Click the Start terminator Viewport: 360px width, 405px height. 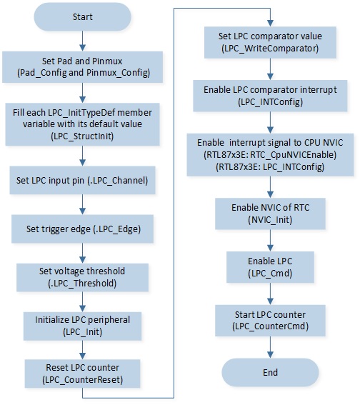[x=82, y=17]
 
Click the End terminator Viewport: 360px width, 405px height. [x=270, y=372]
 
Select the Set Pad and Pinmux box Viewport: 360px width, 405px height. [x=82, y=67]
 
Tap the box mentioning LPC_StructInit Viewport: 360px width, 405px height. [x=82, y=124]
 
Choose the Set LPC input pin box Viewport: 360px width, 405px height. [x=82, y=180]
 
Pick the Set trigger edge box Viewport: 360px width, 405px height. [x=82, y=229]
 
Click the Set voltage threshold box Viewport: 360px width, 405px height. [x=82, y=277]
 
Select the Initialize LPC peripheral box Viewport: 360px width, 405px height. [x=82, y=326]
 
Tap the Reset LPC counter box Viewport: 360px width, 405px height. [x=82, y=374]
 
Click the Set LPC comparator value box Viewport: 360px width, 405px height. [x=270, y=42]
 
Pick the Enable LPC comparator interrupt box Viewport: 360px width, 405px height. [x=270, y=96]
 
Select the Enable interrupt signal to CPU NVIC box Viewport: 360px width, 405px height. [x=270, y=155]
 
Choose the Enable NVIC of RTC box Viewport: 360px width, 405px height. [x=270, y=214]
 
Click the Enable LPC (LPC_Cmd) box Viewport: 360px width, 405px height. [x=270, y=267]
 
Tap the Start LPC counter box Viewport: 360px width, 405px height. [x=270, y=321]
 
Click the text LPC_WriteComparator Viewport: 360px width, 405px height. [x=270, y=49]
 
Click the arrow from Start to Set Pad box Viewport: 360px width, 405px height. [x=82, y=41]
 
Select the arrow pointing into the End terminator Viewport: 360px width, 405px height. [x=270, y=347]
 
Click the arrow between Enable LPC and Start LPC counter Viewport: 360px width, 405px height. [x=270, y=294]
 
